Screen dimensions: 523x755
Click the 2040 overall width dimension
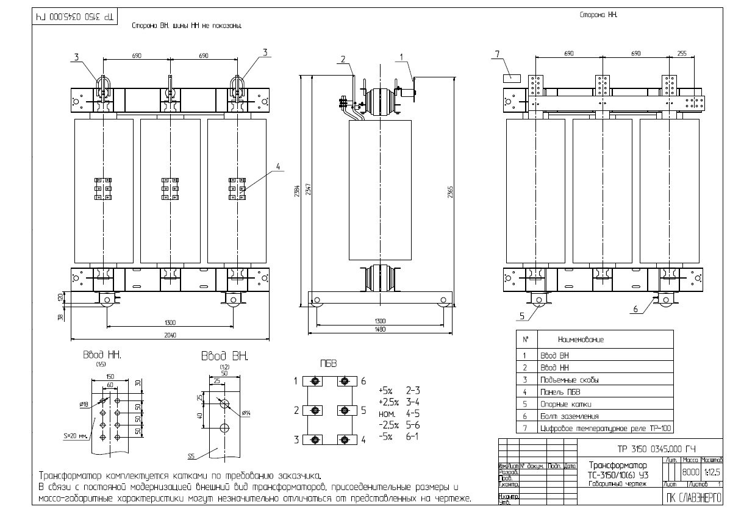pos(170,335)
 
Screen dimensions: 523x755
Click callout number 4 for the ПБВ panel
pos(278,166)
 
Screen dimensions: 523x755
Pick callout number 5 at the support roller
pos(523,316)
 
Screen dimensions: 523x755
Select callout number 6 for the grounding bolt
pos(635,309)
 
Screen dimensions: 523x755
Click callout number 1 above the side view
pos(401,57)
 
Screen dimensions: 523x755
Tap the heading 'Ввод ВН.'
pos(224,356)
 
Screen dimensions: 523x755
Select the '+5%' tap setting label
pos(386,390)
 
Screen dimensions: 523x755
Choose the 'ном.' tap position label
pos(386,414)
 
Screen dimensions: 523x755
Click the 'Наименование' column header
pos(580,340)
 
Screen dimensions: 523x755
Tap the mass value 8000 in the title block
pos(691,472)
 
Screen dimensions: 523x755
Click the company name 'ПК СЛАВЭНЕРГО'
pos(693,497)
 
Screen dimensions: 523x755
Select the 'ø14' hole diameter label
pos(246,414)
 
